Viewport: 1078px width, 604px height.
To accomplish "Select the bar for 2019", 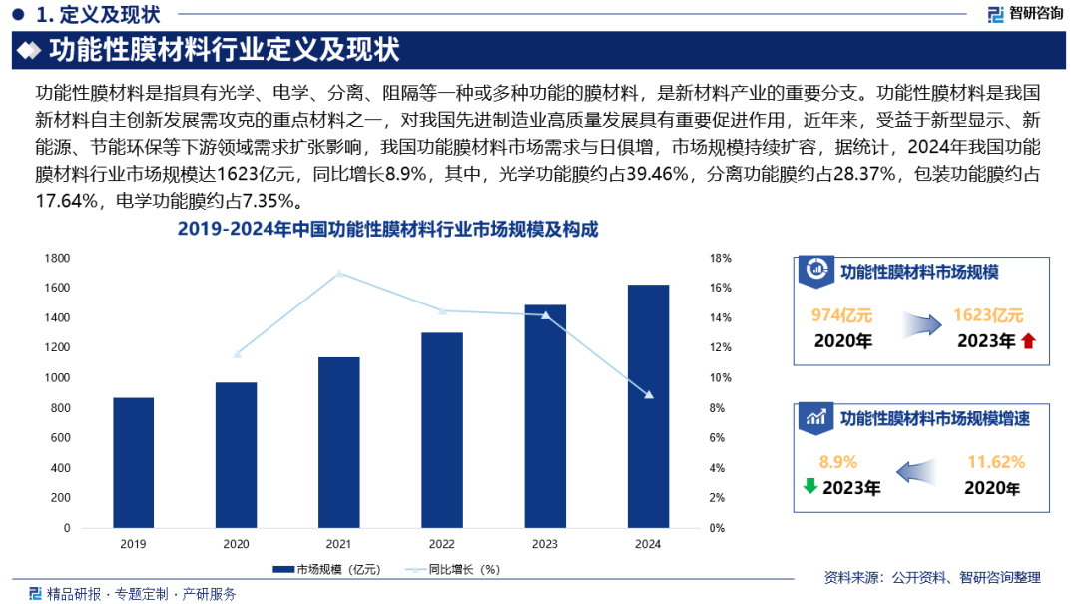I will pyautogui.click(x=133, y=462).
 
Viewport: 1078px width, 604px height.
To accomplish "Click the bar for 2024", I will pyautogui.click(x=648, y=405).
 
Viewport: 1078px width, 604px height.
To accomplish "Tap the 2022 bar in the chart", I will pyautogui.click(x=442, y=429).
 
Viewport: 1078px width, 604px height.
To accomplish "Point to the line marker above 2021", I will pyautogui.click(x=339, y=273).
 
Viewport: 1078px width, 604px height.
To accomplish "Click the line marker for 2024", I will pyautogui.click(x=649, y=395).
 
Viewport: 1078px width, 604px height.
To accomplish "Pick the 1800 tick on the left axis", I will pyautogui.click(x=57, y=258).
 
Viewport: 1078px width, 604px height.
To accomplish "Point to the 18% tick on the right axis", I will pyautogui.click(x=720, y=258).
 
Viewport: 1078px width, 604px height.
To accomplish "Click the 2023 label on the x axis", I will pyautogui.click(x=545, y=544).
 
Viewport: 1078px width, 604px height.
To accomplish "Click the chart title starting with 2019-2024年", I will pyautogui.click(x=387, y=230).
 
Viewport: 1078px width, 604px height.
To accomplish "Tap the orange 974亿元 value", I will pyautogui.click(x=841, y=315).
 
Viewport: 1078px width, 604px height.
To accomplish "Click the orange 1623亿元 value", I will pyautogui.click(x=988, y=315).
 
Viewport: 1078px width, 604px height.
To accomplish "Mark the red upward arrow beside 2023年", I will pyautogui.click(x=1029, y=341).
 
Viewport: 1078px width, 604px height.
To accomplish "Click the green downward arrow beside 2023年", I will pyautogui.click(x=810, y=487).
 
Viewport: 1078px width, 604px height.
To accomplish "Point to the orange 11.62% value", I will pyautogui.click(x=996, y=462).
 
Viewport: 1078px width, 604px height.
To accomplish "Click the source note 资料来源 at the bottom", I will pyautogui.click(x=932, y=577).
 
